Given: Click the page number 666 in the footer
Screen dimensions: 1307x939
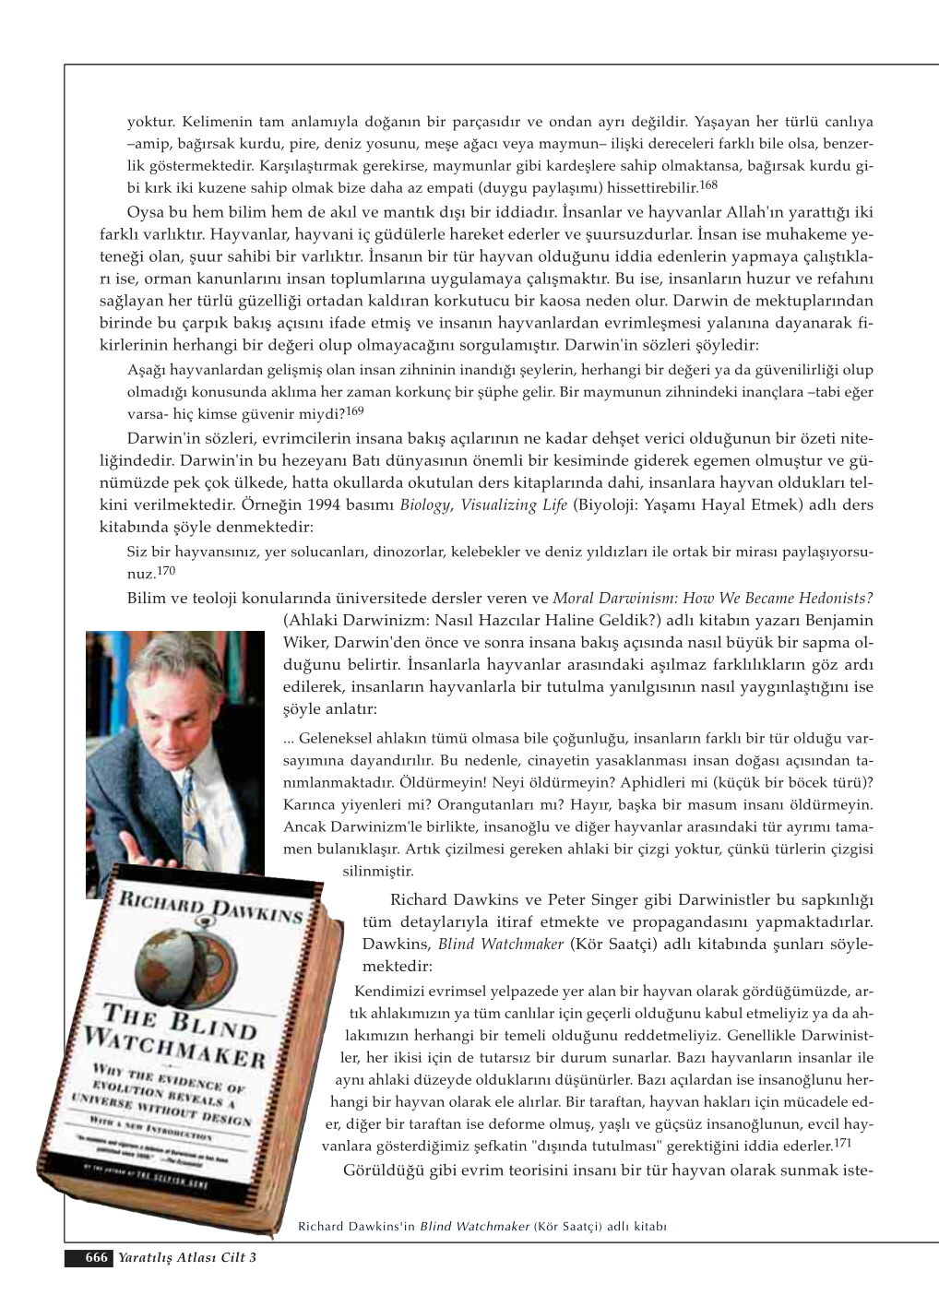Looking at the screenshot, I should point(97,1257).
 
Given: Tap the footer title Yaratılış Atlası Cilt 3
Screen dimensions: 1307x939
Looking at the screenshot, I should point(187,1257).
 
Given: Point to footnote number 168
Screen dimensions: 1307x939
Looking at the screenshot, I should point(707,184).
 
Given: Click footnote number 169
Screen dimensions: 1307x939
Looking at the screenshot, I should point(355,410).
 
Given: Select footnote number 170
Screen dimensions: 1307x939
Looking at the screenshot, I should point(166,570).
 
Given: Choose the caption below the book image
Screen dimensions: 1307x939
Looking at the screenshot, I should point(482,1227).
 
